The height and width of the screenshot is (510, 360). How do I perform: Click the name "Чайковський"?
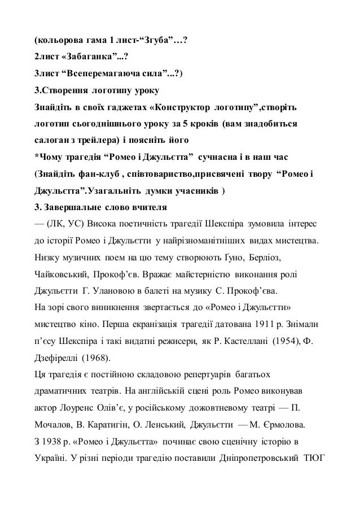click(58, 275)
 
